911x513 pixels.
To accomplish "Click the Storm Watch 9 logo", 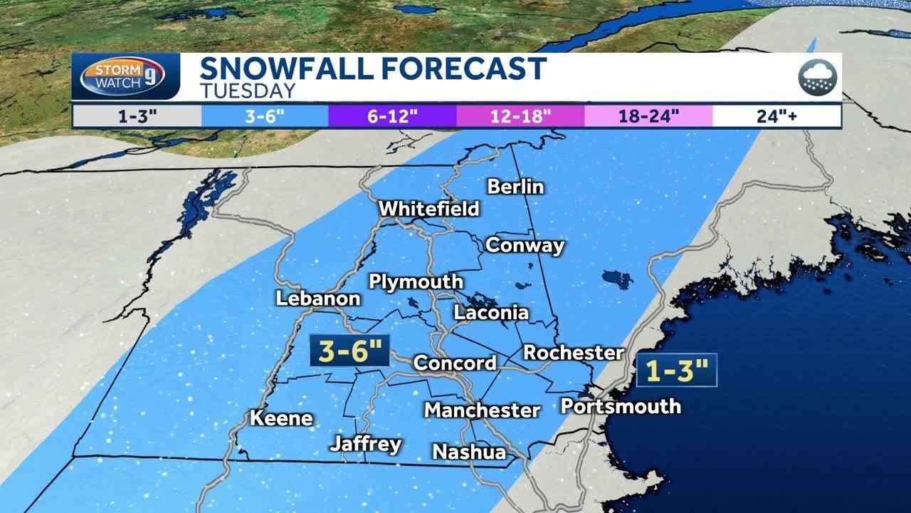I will coord(125,76).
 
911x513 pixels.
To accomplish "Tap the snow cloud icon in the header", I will coord(818,76).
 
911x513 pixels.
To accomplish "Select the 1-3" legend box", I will coord(137,116).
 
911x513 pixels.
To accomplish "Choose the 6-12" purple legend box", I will coord(391,116).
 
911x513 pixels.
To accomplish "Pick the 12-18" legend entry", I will coord(520,116).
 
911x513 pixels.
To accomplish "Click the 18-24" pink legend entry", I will coord(648,116).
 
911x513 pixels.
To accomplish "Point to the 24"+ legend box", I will coord(776,116).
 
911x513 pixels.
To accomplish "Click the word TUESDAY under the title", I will coord(247,91).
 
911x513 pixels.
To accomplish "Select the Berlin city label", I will coord(515,187).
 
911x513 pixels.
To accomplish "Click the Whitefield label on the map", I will coord(428,209).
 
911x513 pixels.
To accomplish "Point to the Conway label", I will coord(525,246).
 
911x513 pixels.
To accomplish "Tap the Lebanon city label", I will coord(318,299).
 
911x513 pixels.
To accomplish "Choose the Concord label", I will coord(455,363).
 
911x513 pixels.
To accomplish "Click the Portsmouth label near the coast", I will coord(621,406).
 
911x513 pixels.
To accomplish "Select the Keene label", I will coord(281,418).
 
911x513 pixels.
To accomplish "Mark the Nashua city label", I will coord(469,452).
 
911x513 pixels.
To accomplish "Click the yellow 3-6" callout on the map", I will coord(349,351).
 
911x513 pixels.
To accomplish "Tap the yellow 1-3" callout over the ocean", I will coord(676,370).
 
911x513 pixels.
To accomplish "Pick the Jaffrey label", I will coord(366,444).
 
